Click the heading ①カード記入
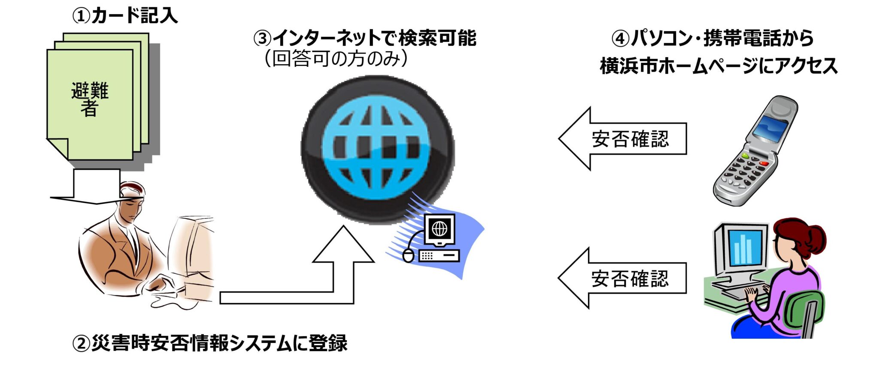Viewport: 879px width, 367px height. [124, 16]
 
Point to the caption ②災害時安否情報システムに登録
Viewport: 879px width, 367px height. [210, 343]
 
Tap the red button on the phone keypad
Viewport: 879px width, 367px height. [764, 163]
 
